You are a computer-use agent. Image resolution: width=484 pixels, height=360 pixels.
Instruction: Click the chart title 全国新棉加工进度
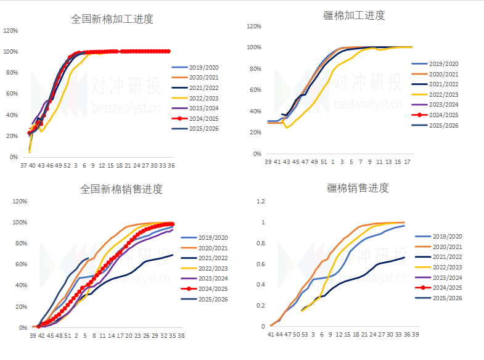[112, 18]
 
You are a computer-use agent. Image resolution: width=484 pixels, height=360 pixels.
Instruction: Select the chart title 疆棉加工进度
[354, 15]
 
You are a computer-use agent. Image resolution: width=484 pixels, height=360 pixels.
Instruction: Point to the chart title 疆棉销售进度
[357, 187]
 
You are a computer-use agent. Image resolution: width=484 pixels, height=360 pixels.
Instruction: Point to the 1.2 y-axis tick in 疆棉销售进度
[261, 202]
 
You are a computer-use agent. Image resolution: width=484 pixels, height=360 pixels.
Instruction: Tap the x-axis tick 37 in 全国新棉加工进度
[23, 165]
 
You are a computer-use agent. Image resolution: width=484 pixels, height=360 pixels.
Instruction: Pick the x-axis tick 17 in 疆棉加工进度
[407, 162]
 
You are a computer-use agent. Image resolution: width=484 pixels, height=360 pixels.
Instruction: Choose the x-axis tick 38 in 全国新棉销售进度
[181, 336]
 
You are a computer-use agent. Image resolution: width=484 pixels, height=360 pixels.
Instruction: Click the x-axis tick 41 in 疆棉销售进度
[270, 334]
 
